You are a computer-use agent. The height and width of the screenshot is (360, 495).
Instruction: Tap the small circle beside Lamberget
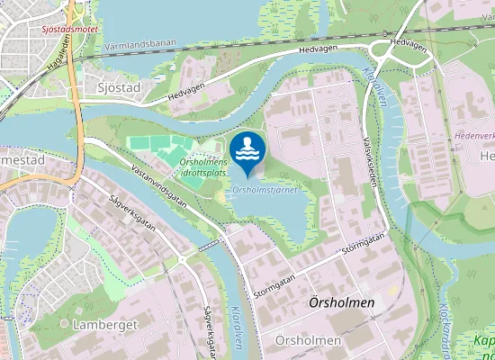(x=64, y=321)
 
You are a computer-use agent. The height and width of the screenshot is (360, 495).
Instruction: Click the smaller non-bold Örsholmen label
(x=309, y=341)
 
